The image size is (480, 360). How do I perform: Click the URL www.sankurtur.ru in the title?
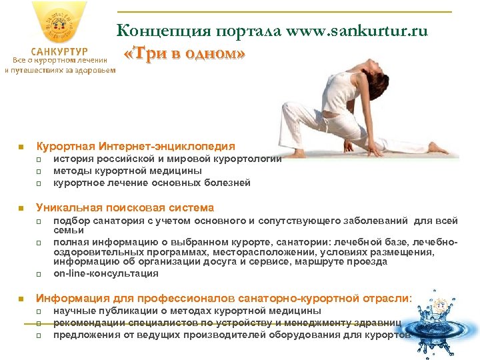pyautogui.click(x=357, y=31)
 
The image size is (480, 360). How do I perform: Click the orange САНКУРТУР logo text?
pyautogui.click(x=59, y=52)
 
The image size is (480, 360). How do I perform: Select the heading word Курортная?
pyautogui.click(x=65, y=146)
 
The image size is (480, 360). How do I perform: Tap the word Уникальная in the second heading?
pyautogui.click(x=67, y=207)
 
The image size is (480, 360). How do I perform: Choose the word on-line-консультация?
pyautogui.click(x=106, y=273)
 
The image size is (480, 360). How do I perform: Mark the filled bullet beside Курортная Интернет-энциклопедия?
pyautogui.click(x=21, y=147)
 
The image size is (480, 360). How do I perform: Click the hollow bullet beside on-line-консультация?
pyautogui.click(x=39, y=274)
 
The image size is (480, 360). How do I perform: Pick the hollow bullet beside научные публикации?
pyautogui.click(x=39, y=311)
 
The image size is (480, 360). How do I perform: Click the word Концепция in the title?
pyautogui.click(x=154, y=31)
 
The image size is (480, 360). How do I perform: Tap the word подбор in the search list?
pyautogui.click(x=69, y=220)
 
